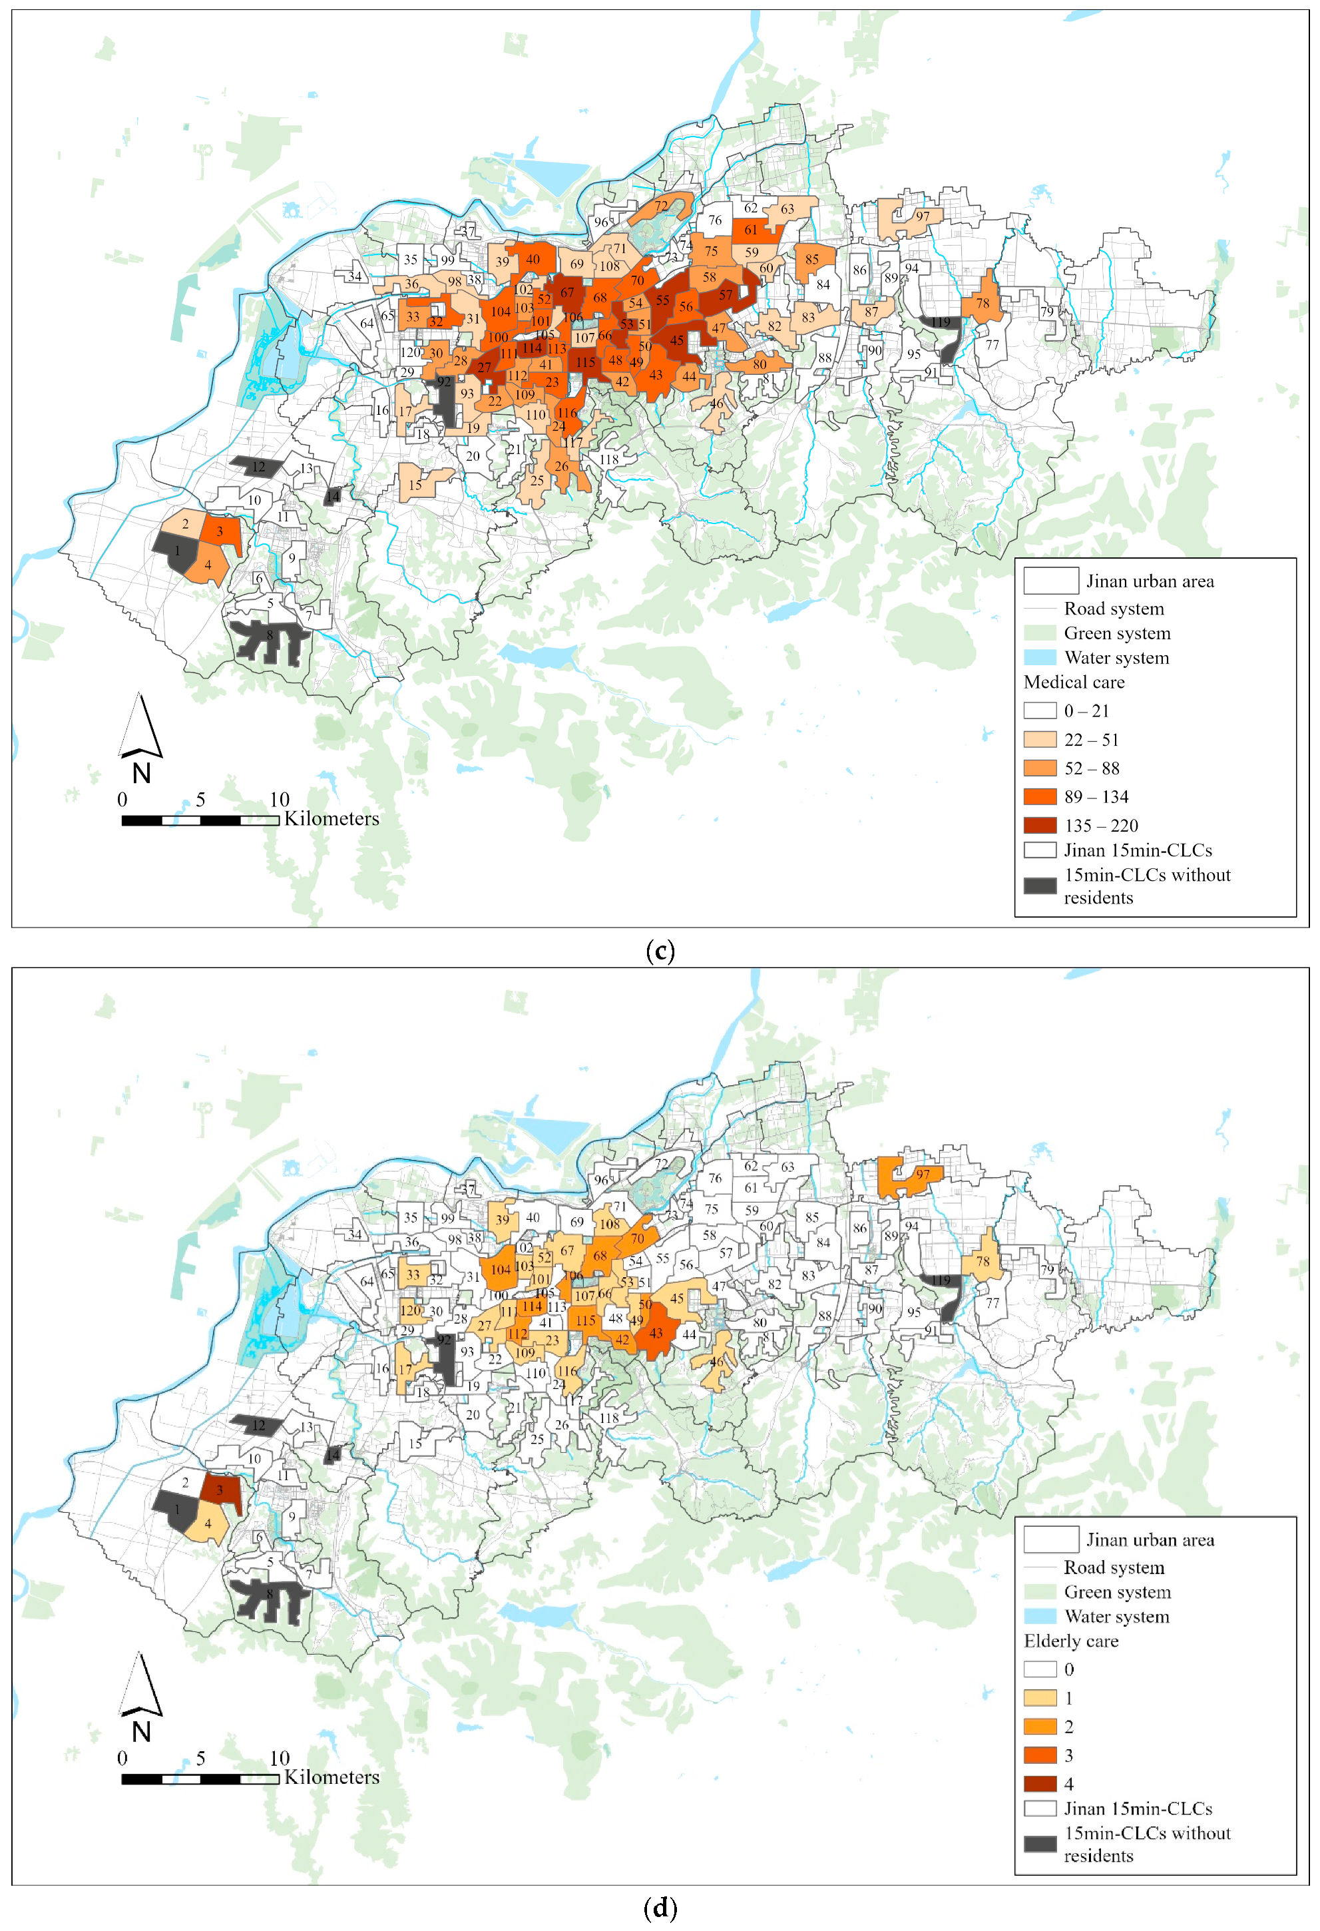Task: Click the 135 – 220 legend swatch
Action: [1039, 825]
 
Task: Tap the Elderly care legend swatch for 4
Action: [1039, 1784]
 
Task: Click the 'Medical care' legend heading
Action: [1073, 682]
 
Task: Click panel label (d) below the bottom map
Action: [660, 1908]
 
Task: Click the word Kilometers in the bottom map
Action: [331, 1777]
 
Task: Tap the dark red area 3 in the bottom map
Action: [220, 1490]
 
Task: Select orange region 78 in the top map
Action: [983, 303]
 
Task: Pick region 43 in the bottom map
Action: [656, 1334]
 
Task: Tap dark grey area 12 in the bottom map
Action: [258, 1425]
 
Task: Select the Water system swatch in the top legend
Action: [1039, 657]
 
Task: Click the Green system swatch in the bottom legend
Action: [1039, 1592]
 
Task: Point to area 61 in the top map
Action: [750, 230]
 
